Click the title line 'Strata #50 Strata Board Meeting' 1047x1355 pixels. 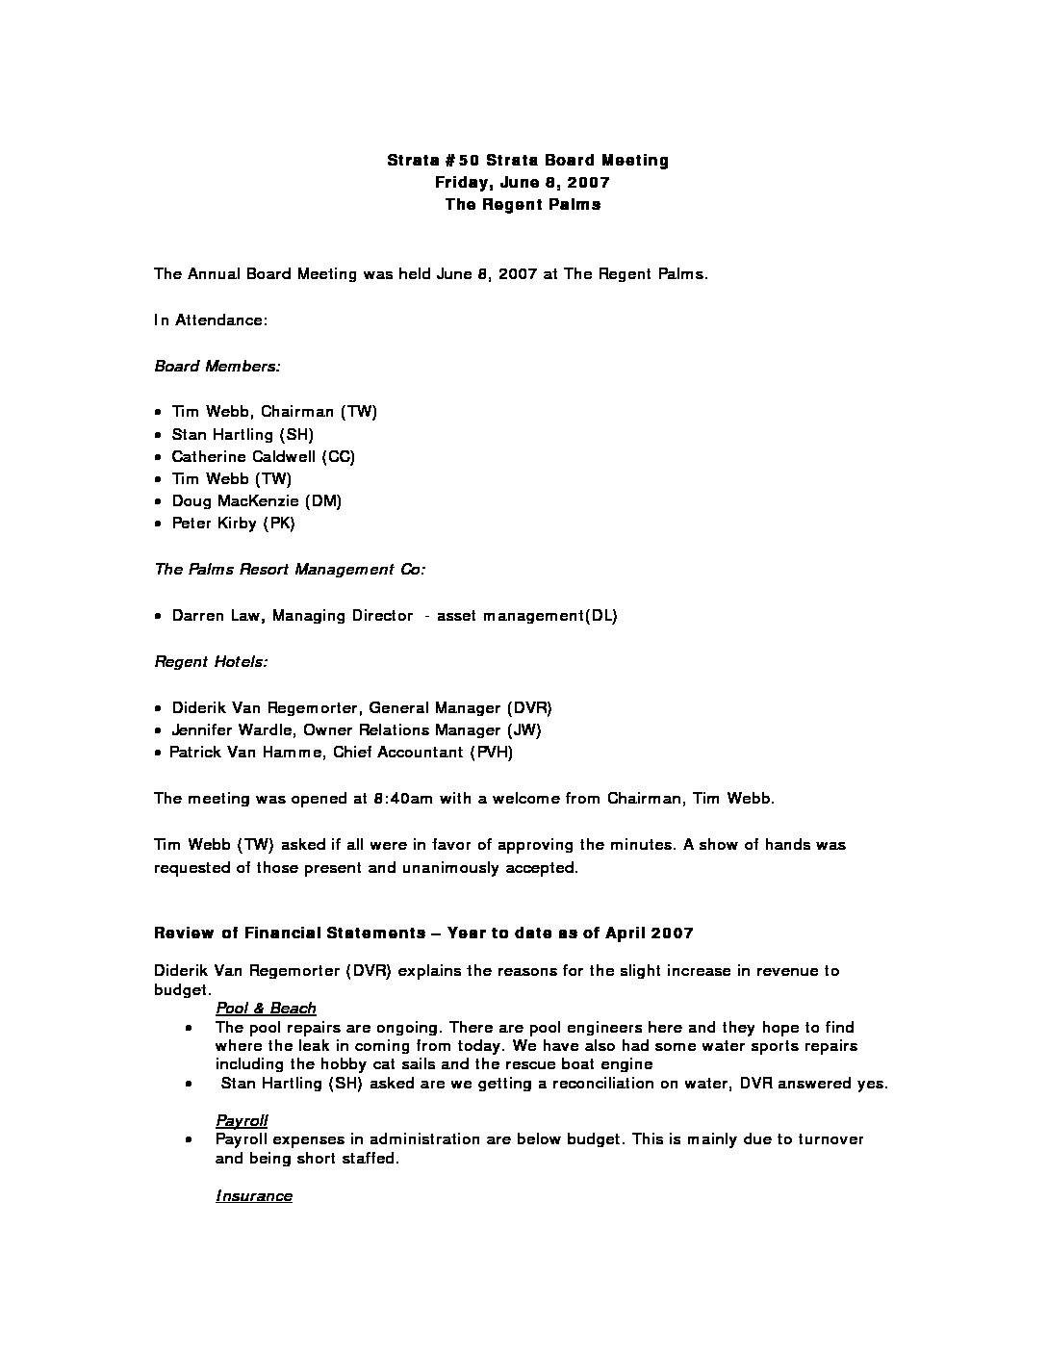527,161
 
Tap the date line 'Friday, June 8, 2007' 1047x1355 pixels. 523,183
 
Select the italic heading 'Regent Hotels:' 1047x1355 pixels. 211,662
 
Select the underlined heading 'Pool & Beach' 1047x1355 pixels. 266,1009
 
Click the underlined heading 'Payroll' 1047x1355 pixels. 242,1121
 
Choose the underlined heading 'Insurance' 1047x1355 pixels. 254,1196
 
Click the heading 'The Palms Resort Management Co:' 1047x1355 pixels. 290,570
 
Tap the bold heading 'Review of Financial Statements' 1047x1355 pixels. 290,933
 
